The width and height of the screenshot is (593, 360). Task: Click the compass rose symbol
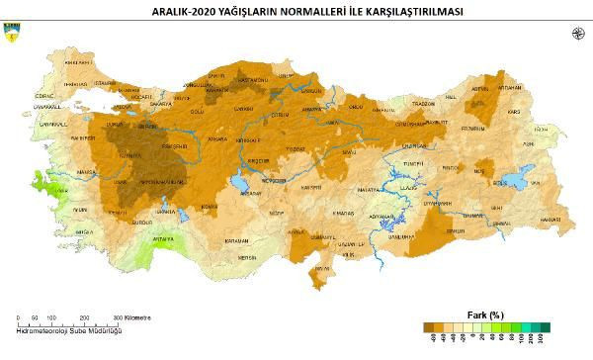point(577,35)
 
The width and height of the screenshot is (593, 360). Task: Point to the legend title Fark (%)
point(484,315)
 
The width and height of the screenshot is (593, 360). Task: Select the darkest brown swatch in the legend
point(427,326)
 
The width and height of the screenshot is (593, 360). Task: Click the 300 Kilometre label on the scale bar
point(132,317)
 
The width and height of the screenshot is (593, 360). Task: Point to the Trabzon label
point(423,103)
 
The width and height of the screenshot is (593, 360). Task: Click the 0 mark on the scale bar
point(19,317)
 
